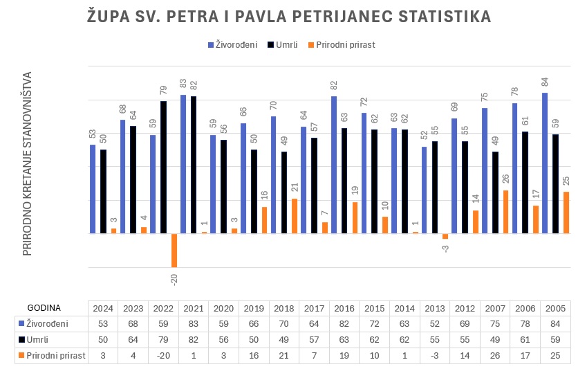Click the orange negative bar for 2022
tap(174, 250)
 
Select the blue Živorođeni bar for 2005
tap(545, 163)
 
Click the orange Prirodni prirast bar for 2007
tap(505, 212)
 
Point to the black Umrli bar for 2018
tap(284, 192)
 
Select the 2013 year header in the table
tap(435, 308)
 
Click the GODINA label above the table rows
tap(44, 307)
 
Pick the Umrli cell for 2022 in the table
tap(163, 340)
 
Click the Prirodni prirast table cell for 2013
tap(435, 356)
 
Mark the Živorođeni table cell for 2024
tap(103, 324)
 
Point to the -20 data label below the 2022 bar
tap(174, 278)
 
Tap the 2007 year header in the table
tap(496, 308)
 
